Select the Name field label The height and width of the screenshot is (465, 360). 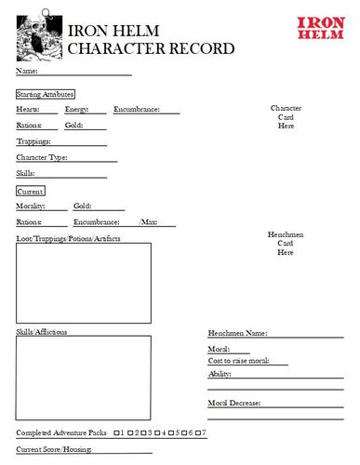[x=27, y=71]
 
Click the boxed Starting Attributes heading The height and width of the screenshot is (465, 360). [x=46, y=94]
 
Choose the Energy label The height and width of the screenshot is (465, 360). [x=76, y=110]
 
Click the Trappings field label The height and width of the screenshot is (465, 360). [x=34, y=141]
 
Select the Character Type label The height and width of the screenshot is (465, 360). [x=42, y=157]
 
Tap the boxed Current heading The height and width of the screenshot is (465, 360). [x=31, y=191]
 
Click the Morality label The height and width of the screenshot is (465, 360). [x=33, y=206]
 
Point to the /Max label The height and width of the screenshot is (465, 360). [x=149, y=222]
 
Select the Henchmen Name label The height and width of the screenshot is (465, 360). [x=237, y=332]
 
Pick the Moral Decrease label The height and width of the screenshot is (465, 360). [x=233, y=403]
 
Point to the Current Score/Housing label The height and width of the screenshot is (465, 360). [x=52, y=449]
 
